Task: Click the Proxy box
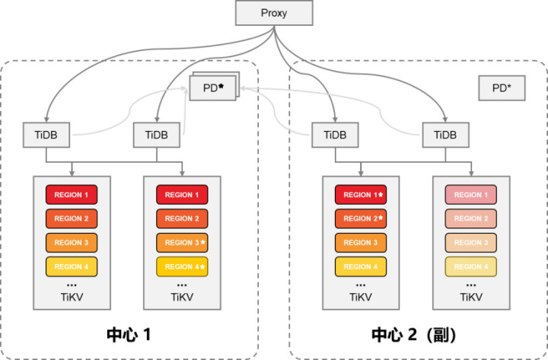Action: (274, 13)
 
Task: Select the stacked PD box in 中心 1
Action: (214, 87)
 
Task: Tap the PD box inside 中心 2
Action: (502, 88)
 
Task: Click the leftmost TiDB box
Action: (46, 135)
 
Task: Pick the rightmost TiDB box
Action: (445, 135)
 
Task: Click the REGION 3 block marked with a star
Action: (182, 243)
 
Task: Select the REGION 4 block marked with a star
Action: (182, 266)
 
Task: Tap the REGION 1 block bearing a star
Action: (361, 195)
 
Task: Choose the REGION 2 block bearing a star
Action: (361, 218)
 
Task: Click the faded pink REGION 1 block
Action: (471, 195)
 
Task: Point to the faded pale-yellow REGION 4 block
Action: (471, 266)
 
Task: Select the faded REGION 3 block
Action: (471, 243)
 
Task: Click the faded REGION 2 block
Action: (471, 218)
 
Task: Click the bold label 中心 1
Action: (129, 334)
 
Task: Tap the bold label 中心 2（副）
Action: (414, 334)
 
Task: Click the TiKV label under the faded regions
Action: (471, 297)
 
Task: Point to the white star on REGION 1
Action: (381, 194)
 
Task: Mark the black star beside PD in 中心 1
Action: (221, 86)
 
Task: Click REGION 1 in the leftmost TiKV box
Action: (72, 195)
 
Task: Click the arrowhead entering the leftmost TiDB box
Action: (46, 119)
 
